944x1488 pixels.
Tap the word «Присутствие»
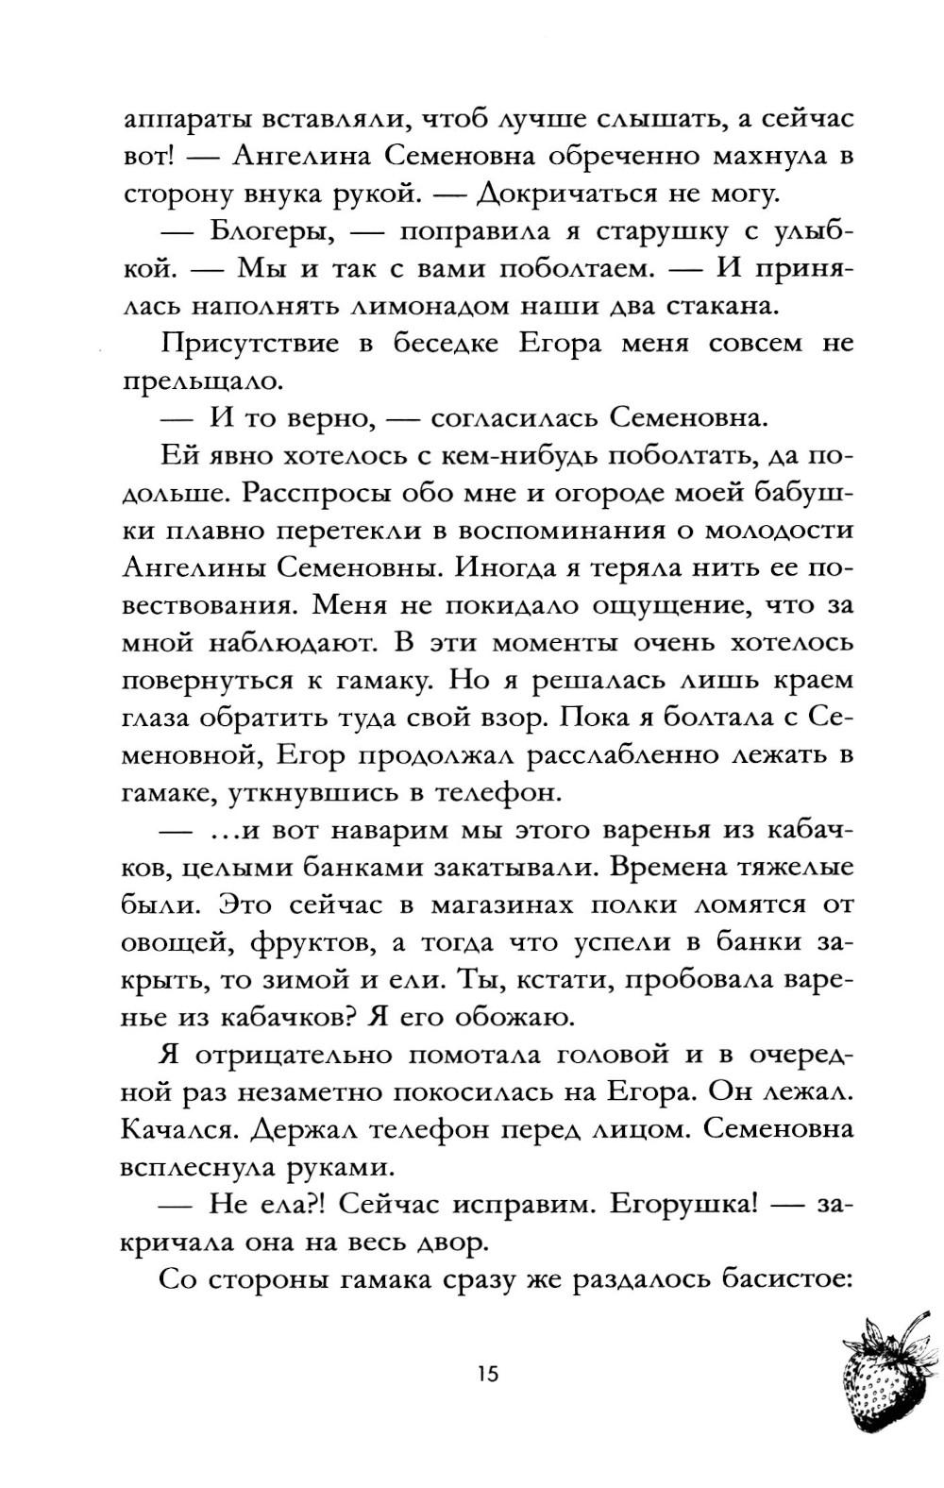click(x=249, y=344)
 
